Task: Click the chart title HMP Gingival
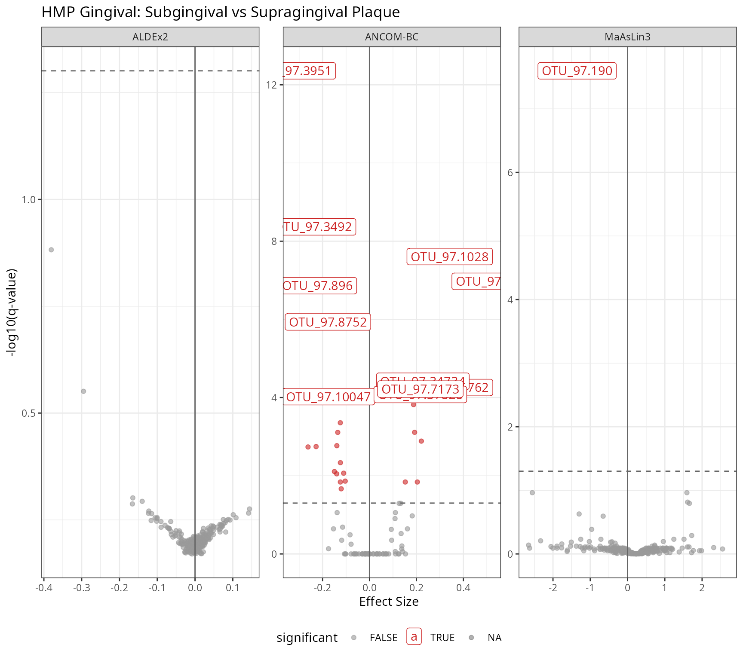[x=220, y=12]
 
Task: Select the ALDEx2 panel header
[x=150, y=37]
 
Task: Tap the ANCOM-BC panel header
[x=391, y=37]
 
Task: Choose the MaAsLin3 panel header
[x=627, y=37]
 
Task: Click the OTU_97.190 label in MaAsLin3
[x=577, y=71]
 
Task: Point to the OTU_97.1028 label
[x=449, y=257]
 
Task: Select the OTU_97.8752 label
[x=328, y=322]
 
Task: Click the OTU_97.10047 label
[x=328, y=397]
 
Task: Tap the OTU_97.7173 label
[x=420, y=389]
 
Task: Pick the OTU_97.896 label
[x=319, y=286]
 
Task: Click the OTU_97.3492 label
[x=319, y=227]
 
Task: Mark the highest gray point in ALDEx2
[x=51, y=250]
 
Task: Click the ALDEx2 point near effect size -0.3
[x=83, y=391]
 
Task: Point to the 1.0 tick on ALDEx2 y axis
[x=29, y=200]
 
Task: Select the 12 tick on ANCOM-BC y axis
[x=271, y=85]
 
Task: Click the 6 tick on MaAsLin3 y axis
[x=510, y=173]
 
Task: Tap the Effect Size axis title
[x=389, y=602]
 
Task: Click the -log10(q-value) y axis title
[x=12, y=312]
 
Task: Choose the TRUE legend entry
[x=442, y=638]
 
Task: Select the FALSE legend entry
[x=383, y=638]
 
